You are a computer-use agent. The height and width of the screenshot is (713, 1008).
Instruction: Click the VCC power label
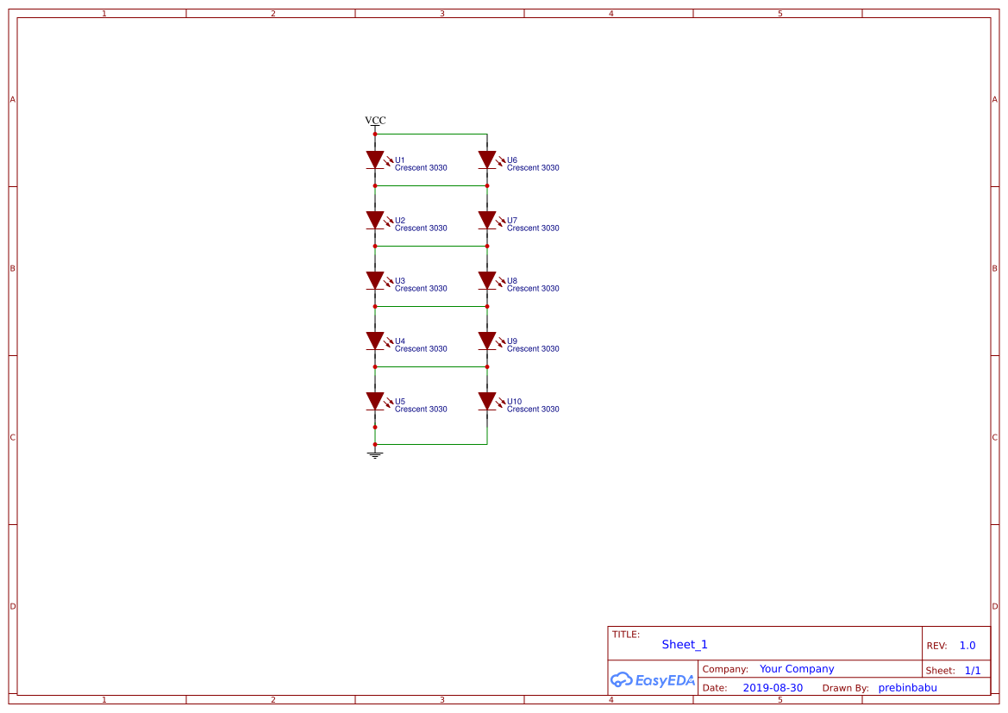(375, 121)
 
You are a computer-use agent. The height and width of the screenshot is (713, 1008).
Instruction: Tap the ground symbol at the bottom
(375, 453)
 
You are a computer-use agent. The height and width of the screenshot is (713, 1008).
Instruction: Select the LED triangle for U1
(375, 159)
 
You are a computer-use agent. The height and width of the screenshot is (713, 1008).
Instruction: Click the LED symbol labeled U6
(487, 159)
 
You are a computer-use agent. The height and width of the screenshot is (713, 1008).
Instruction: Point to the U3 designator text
(400, 281)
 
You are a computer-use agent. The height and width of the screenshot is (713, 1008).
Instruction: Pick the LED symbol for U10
(487, 401)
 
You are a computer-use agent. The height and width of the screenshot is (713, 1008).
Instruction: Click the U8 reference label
(512, 281)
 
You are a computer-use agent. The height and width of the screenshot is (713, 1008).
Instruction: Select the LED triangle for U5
(375, 401)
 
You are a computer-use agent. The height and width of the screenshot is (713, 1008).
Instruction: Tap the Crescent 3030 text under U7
(533, 228)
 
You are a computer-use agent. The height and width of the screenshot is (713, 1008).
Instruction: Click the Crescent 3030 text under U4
(421, 349)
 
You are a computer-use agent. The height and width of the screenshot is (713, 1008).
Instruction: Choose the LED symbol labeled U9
(487, 341)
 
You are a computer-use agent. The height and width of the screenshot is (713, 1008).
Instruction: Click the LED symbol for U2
(375, 220)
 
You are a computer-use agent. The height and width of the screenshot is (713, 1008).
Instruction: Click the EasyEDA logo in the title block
(653, 679)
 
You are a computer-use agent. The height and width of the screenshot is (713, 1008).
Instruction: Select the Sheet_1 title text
(685, 645)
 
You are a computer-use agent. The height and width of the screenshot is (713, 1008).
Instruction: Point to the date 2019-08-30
(773, 688)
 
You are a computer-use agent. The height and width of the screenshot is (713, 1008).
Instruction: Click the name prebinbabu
(907, 688)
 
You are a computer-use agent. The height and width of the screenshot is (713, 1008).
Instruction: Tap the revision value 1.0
(967, 646)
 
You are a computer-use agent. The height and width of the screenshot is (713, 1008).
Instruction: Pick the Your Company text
(797, 669)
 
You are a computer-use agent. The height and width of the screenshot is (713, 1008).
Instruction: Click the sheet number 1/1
(973, 670)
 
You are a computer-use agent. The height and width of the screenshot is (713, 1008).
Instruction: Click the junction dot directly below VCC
(375, 134)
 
